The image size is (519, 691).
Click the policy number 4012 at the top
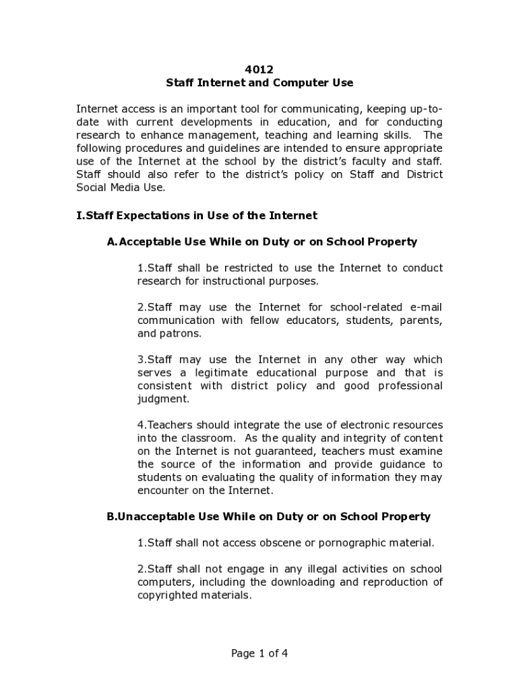tap(259, 70)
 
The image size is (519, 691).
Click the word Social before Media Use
tap(92, 188)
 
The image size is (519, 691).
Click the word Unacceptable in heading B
tap(156, 517)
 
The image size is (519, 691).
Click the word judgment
tap(163, 399)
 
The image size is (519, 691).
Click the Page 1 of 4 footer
tap(259, 653)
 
